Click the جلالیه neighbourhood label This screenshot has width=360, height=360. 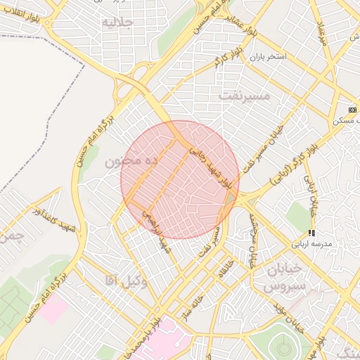coord(117,21)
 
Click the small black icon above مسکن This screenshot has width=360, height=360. coord(352,110)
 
